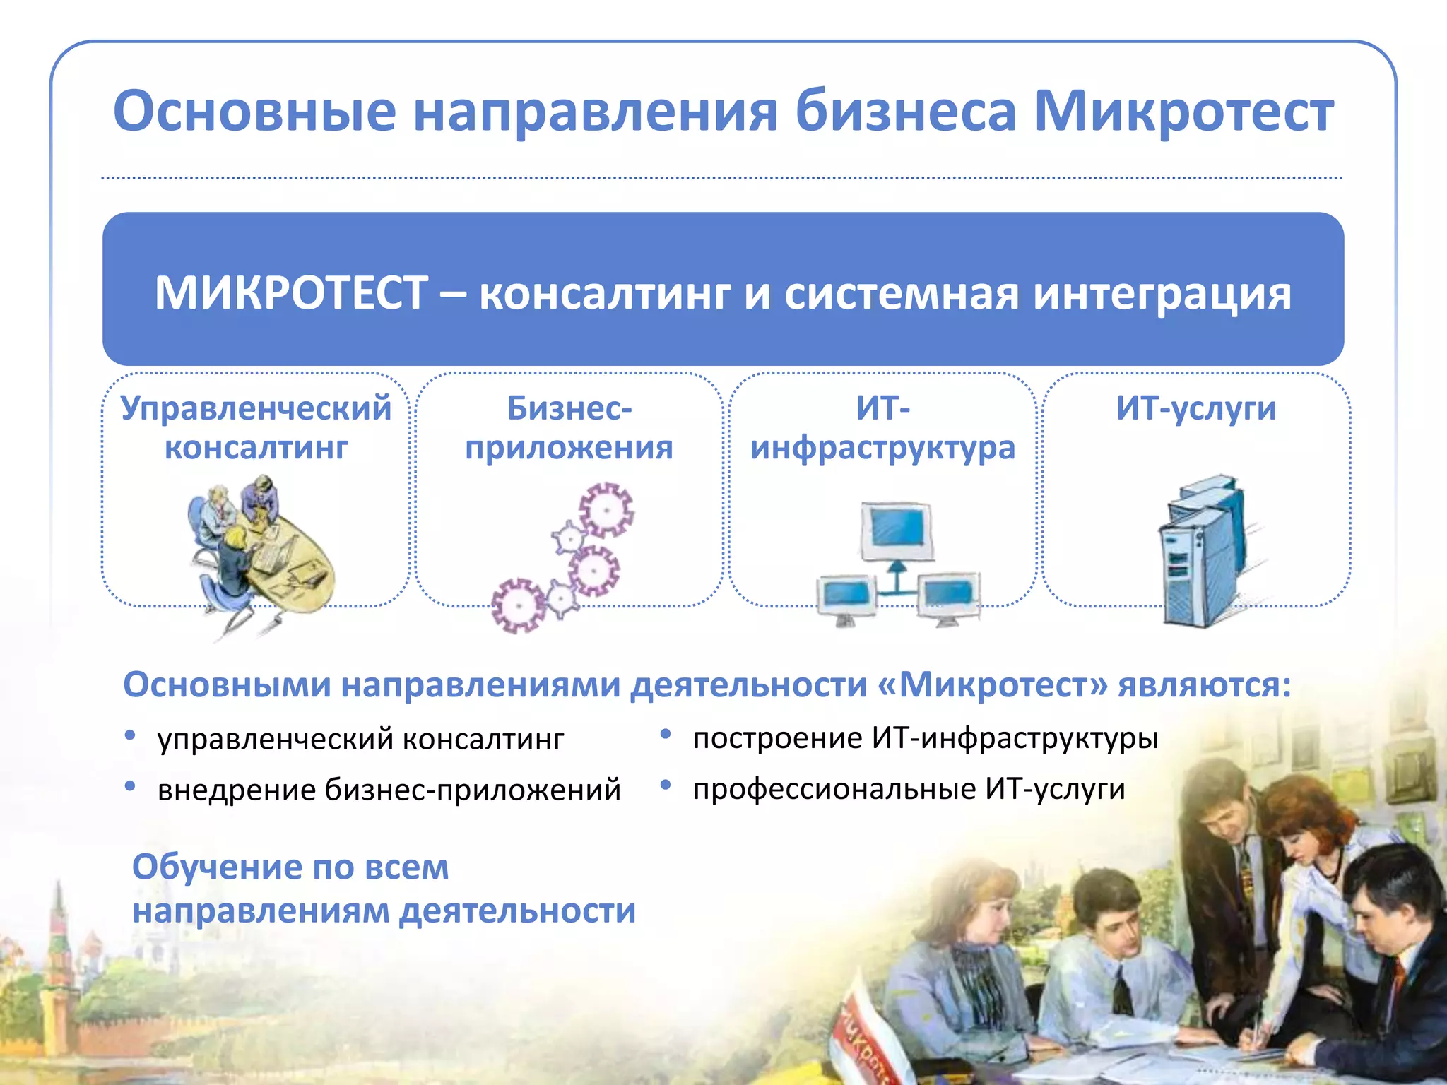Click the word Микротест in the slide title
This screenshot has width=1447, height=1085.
tap(1183, 112)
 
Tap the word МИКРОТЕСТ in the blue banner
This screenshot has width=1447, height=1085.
tap(291, 293)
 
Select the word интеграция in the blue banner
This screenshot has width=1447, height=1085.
tap(1162, 293)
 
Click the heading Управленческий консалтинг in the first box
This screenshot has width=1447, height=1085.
tap(256, 427)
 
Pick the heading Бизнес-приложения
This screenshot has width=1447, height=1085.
tap(569, 427)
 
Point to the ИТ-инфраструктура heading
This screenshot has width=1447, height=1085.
tap(882, 427)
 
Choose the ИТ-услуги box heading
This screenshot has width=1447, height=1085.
tap(1196, 408)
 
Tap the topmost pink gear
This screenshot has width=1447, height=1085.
tap(606, 509)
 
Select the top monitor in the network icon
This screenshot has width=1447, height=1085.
tap(896, 528)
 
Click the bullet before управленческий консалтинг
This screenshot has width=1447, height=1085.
tap(130, 735)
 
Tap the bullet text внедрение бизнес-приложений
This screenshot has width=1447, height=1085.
tap(389, 789)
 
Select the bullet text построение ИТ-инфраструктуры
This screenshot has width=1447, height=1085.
tap(926, 738)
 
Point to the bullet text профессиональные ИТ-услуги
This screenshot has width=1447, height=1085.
tap(909, 788)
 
